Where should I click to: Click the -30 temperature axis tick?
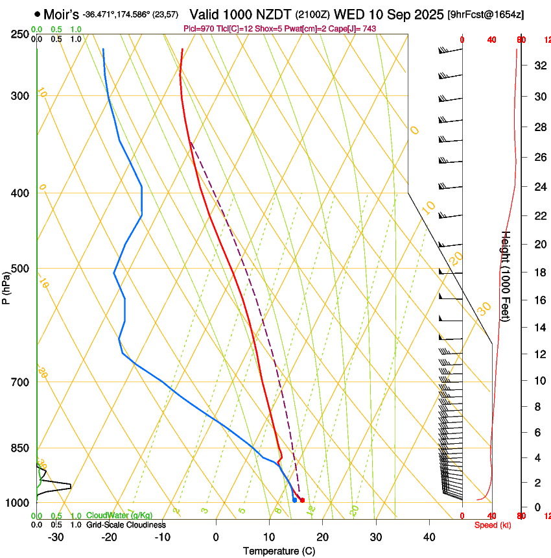[x=56, y=537]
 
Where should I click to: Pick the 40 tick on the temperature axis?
[x=428, y=537]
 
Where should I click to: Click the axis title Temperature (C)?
[x=279, y=551]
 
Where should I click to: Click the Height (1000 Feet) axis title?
[x=506, y=276]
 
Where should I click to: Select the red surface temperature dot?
[x=302, y=500]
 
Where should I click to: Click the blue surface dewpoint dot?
[x=294, y=500]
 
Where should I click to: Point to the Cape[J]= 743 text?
[x=353, y=29]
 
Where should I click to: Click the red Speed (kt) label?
[x=493, y=525]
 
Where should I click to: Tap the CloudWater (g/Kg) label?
[x=119, y=516]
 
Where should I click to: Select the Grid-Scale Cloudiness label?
[x=126, y=525]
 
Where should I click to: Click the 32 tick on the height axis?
[x=539, y=66]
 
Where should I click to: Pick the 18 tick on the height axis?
[x=539, y=273]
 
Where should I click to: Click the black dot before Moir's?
[x=37, y=14]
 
